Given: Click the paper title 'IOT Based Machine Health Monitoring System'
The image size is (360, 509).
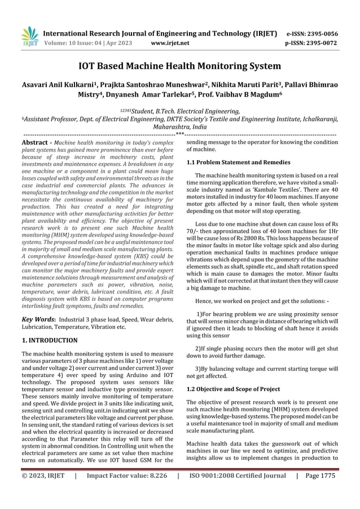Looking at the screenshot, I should click(x=179, y=66).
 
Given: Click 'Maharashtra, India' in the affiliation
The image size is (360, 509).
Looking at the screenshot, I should click(x=179, y=128).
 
